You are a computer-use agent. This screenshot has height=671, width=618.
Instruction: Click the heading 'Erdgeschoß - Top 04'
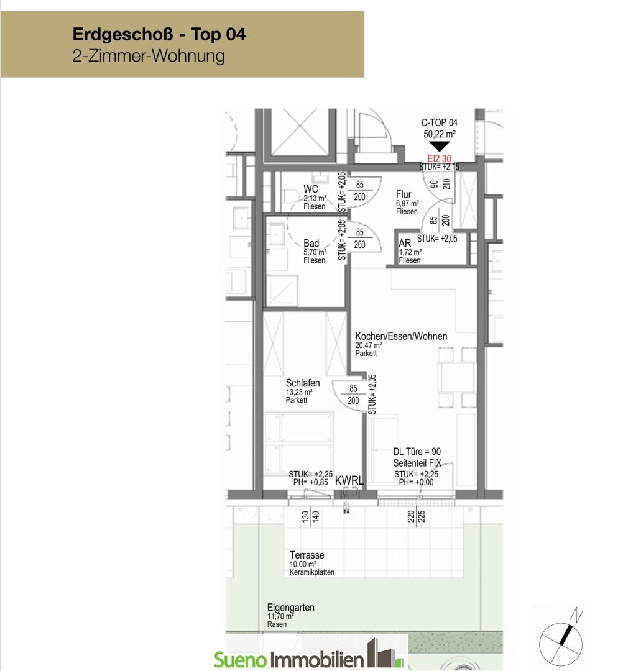click(159, 34)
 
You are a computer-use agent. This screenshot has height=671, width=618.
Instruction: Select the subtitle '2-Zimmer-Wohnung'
click(149, 56)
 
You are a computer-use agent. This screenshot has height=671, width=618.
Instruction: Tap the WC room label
click(311, 189)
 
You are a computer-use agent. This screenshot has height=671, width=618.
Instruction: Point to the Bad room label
click(311, 243)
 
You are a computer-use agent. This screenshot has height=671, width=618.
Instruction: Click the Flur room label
click(404, 194)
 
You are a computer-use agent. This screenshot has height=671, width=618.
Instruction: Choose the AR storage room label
click(405, 243)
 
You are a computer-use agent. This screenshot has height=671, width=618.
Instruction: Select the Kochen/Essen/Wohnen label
click(401, 336)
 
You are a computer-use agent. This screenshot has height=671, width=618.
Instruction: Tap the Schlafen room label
click(303, 383)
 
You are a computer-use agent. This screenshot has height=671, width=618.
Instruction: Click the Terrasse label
click(307, 555)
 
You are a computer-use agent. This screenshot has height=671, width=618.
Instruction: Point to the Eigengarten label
click(291, 608)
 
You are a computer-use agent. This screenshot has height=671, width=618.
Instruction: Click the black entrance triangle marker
click(440, 147)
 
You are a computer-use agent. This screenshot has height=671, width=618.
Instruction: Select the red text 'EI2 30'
click(440, 159)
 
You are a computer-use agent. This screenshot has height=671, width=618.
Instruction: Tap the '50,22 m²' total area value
click(440, 134)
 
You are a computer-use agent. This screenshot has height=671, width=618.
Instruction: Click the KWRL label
click(349, 480)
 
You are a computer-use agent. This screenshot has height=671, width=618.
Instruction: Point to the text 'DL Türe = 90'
click(417, 452)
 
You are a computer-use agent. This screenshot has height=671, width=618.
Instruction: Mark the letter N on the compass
click(577, 615)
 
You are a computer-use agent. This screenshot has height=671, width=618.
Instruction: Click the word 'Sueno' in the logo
click(241, 659)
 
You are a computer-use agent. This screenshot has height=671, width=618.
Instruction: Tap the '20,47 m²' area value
click(368, 345)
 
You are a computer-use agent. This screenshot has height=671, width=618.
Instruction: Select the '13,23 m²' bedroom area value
click(299, 392)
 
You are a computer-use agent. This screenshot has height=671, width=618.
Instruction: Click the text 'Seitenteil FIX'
click(417, 463)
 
